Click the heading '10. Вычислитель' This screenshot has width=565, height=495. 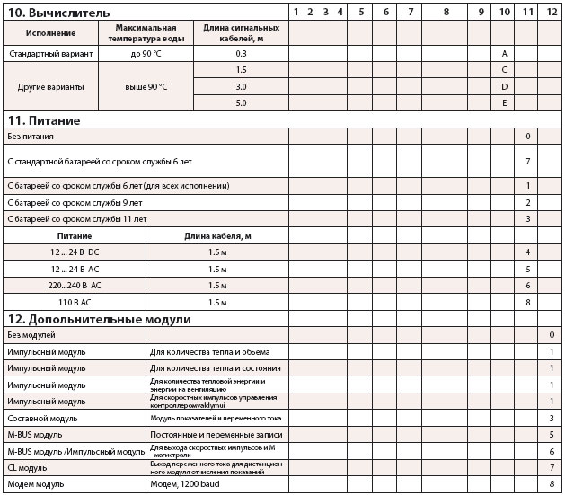coord(58,13)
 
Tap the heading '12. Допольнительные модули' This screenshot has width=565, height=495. coord(99,319)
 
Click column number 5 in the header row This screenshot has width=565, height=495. coord(360,12)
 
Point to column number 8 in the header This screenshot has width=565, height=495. coord(446,12)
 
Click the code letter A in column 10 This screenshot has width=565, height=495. coord(505,54)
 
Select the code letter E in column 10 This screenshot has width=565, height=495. coord(505,103)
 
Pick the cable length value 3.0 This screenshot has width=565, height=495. coord(241,86)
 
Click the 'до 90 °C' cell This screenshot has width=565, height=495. coord(146,54)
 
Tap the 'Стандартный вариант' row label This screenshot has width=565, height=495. coord(49,54)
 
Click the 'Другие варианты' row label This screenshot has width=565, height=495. coord(49,87)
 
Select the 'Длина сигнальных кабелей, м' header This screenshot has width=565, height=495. coord(241,32)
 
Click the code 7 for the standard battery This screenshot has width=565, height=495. coord(527,161)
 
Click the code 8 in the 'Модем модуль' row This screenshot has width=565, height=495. coord(552,485)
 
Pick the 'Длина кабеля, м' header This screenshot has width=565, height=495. coord(216,235)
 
